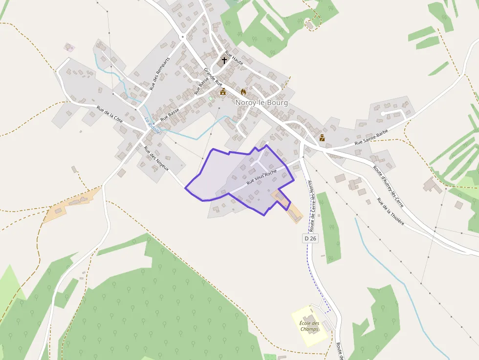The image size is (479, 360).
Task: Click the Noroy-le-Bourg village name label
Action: pos(261,103)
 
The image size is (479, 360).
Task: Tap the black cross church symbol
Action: pos(224,61)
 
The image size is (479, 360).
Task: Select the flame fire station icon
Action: pos(243,91)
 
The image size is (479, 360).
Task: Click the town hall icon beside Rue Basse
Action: pos(223,91)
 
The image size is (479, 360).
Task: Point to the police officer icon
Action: pos(322,138)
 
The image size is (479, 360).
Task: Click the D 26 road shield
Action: pos(310,238)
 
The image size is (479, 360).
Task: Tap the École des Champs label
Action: pos(309,326)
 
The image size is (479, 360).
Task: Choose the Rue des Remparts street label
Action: pos(160,74)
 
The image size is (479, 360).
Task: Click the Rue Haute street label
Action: pos(234,59)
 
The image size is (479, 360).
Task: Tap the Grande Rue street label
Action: pos(213,77)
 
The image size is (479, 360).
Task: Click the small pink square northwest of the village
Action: pos(69,47)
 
